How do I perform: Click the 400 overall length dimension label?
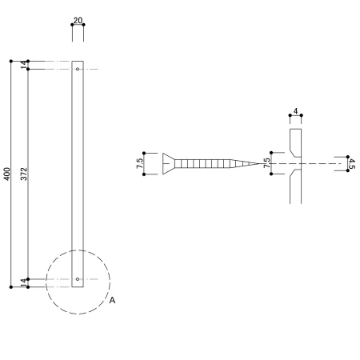(7, 174)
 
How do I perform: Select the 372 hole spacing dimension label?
(24, 174)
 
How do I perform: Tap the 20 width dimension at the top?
(78, 20)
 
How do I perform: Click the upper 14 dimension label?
(24, 65)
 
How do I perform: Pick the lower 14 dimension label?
(24, 283)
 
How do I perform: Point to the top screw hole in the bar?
(78, 69)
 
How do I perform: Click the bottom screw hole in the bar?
(78, 279)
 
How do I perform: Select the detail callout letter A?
(112, 300)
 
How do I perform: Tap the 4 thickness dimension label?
(295, 111)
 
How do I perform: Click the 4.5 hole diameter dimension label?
(352, 164)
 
